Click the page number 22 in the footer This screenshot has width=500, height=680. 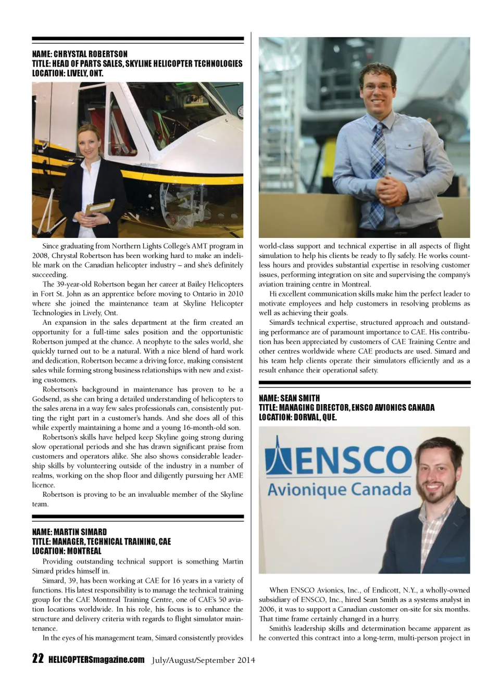pyautogui.click(x=37, y=659)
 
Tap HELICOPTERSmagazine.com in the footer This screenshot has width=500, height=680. pyautogui.click(x=96, y=660)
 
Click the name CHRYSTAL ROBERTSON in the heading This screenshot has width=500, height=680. pyautogui.click(x=91, y=54)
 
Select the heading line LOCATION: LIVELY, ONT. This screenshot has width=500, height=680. pyautogui.click(x=68, y=73)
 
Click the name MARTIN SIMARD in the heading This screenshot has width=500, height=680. pyautogui.click(x=80, y=532)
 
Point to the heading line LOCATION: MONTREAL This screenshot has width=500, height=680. pyautogui.click(x=67, y=551)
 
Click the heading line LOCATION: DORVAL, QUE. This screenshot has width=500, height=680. pyautogui.click(x=298, y=417)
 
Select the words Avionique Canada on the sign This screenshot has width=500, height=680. pyautogui.click(x=339, y=489)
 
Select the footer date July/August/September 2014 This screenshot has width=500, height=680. pyautogui.click(x=204, y=660)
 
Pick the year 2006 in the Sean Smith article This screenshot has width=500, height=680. pyautogui.click(x=267, y=609)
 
